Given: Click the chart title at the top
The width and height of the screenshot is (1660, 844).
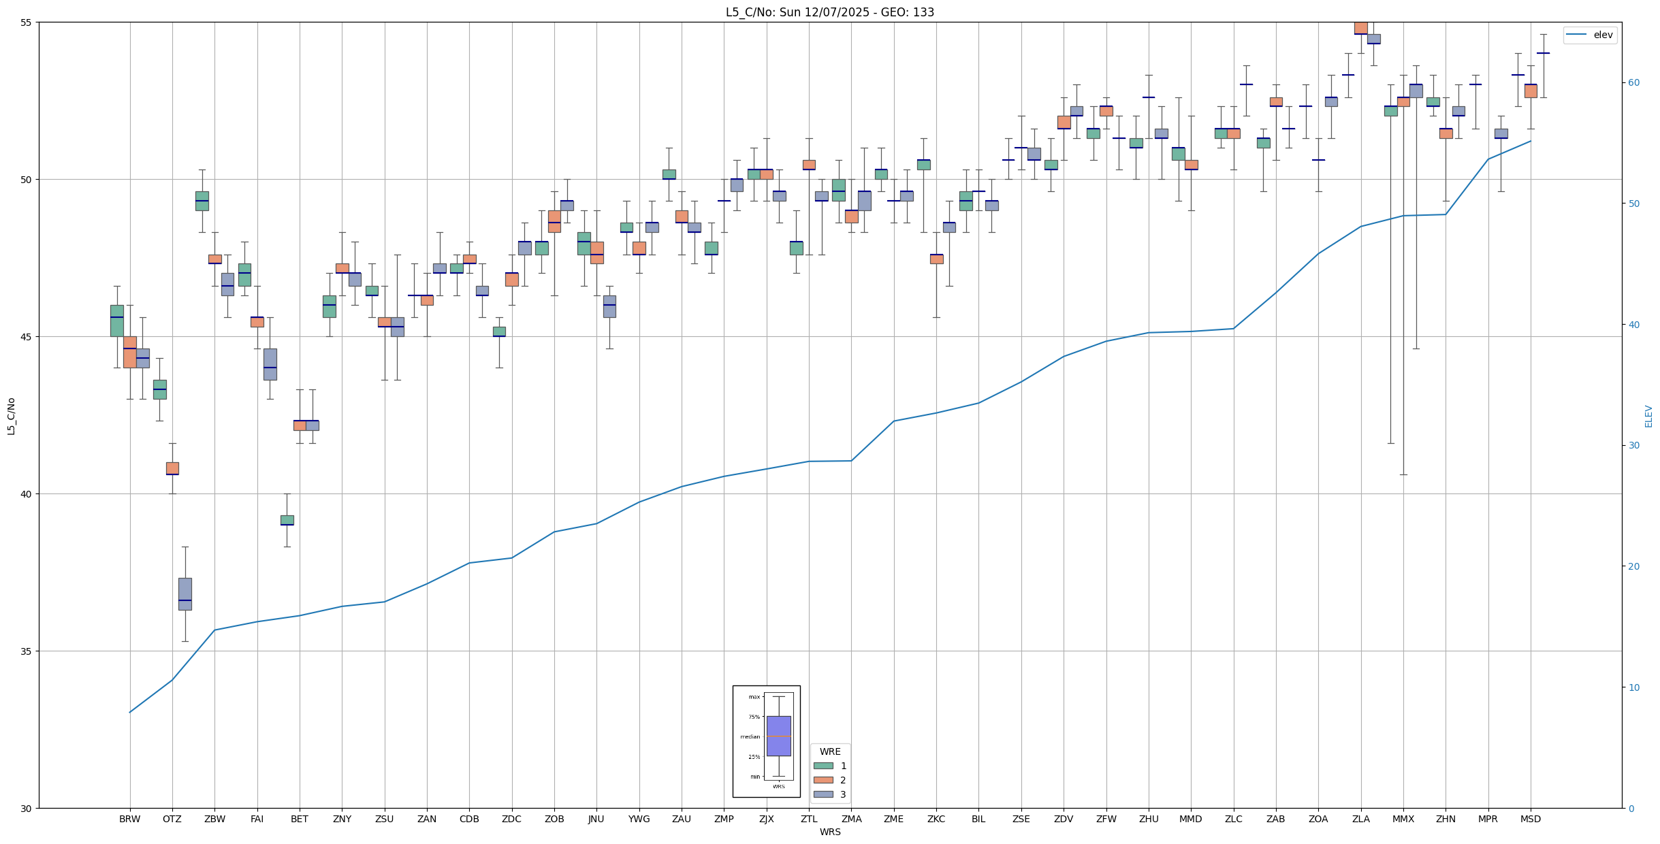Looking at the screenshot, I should [x=829, y=12].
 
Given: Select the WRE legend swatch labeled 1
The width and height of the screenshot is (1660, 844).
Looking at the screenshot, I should [x=823, y=766].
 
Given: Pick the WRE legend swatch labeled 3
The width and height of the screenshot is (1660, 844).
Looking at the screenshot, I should [x=823, y=794].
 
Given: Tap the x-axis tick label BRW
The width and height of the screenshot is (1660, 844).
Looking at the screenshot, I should [x=129, y=819].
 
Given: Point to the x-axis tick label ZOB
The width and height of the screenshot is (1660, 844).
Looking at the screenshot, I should [x=554, y=819].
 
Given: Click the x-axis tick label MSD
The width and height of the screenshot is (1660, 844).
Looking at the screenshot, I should [x=1531, y=819].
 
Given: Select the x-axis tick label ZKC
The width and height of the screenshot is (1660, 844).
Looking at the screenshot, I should [x=936, y=819].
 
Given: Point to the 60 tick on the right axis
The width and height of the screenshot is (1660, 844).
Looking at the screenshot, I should [x=1633, y=83].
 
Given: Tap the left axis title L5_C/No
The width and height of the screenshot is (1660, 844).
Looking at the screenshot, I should [x=11, y=416].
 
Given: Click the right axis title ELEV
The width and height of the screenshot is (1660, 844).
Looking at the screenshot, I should [x=1648, y=416].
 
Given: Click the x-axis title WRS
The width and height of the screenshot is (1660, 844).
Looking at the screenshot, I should [x=830, y=832].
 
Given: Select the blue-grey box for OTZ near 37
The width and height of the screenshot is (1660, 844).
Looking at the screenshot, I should [x=185, y=594].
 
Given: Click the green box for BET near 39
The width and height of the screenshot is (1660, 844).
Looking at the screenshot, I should [x=287, y=520].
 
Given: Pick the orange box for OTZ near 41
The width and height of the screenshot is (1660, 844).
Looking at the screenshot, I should [x=172, y=468].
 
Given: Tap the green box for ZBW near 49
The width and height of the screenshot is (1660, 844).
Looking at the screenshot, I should [x=202, y=201].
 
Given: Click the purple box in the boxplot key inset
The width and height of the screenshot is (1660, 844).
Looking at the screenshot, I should [x=779, y=736].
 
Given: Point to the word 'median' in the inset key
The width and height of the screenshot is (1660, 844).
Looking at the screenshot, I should [x=750, y=736].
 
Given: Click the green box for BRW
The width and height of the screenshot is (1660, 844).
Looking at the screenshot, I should [x=117, y=321].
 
